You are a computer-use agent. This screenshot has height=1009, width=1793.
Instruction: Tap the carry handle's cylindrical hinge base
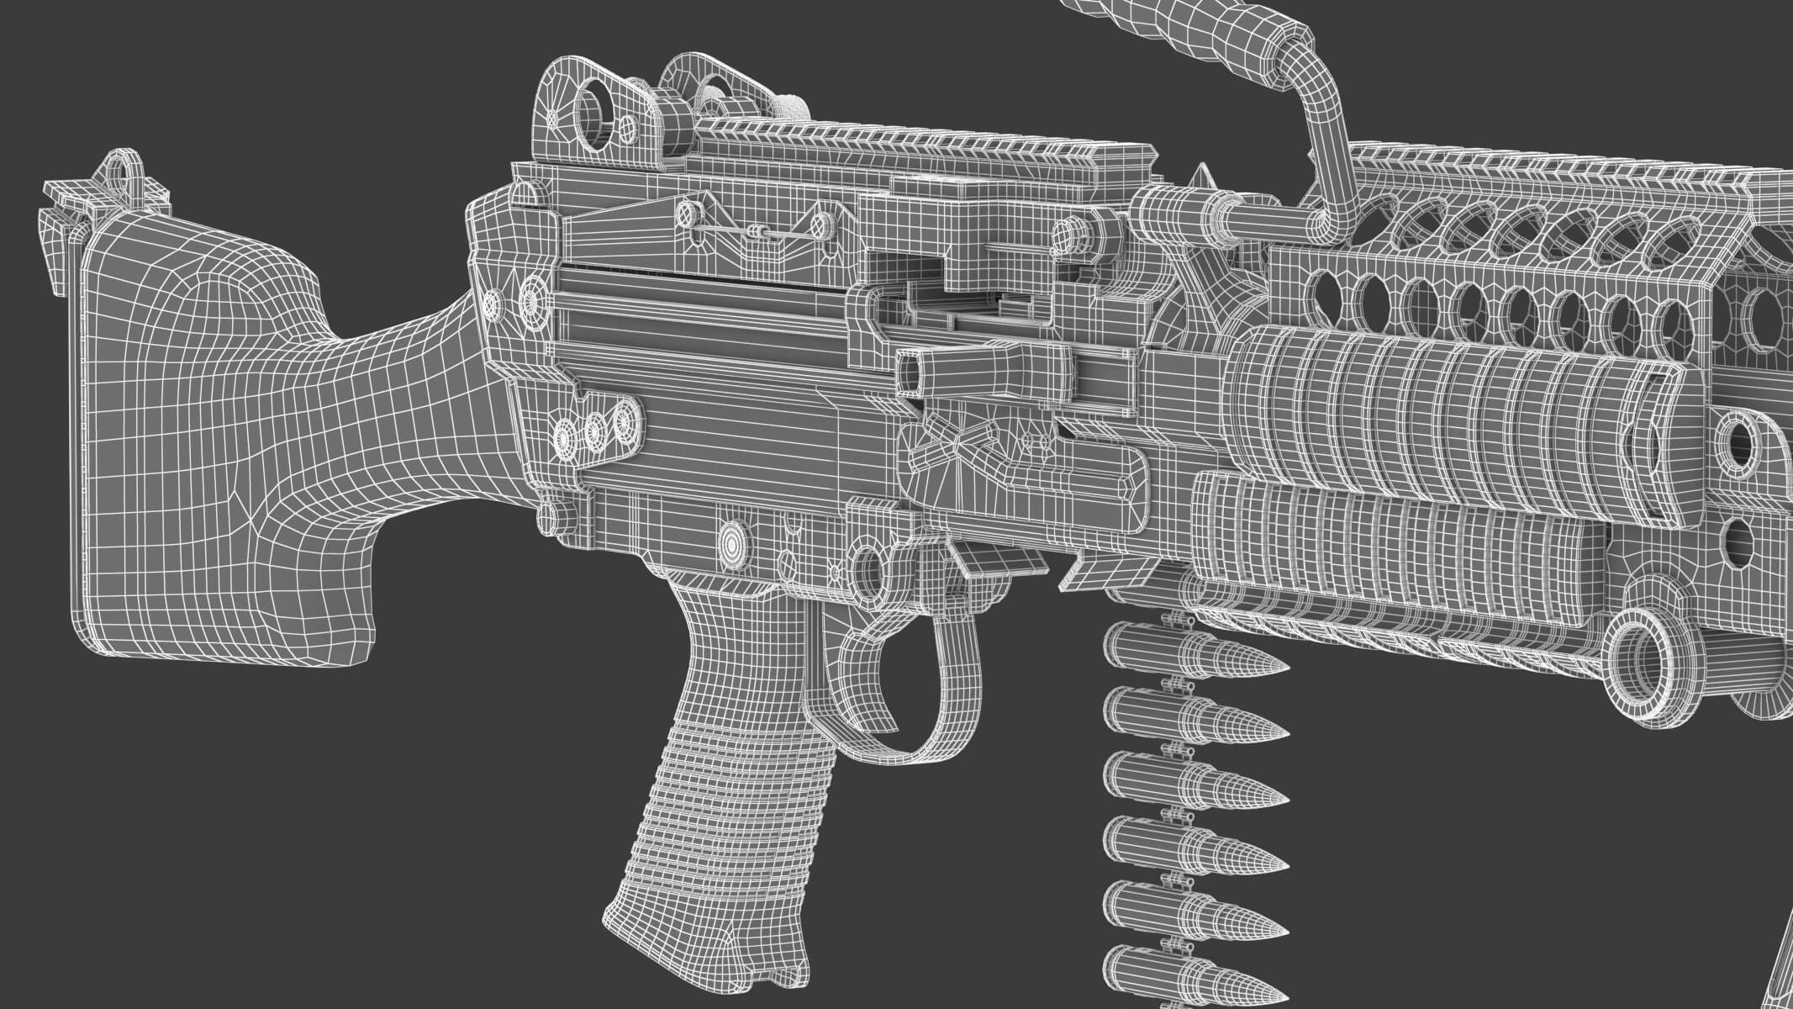point(1177,210)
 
